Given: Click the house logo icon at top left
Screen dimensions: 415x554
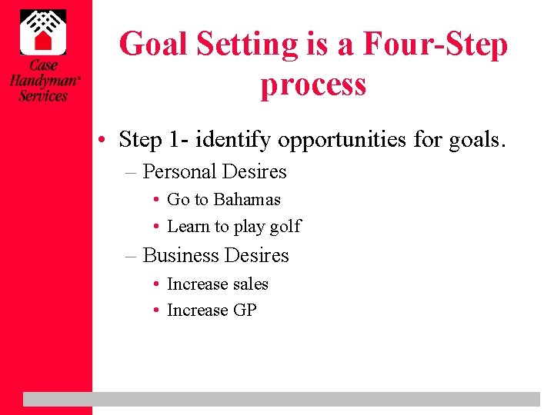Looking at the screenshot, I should pos(43,32).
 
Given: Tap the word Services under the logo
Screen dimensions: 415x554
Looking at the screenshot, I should pos(43,96).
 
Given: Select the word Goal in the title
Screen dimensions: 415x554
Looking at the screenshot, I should pos(155,44).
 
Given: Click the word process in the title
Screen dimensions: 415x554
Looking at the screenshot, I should pos(313,85).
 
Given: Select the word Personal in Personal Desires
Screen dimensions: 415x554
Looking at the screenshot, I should pos(180,171).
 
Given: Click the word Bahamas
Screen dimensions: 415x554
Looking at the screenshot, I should pos(247,199).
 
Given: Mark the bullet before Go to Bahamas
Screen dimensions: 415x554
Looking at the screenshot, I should pos(156,200).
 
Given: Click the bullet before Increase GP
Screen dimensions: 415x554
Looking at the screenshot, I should pos(156,311).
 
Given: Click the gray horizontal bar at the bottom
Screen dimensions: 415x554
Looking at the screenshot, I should pos(281,399).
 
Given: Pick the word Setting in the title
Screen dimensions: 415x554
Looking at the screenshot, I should pos(246,44).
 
